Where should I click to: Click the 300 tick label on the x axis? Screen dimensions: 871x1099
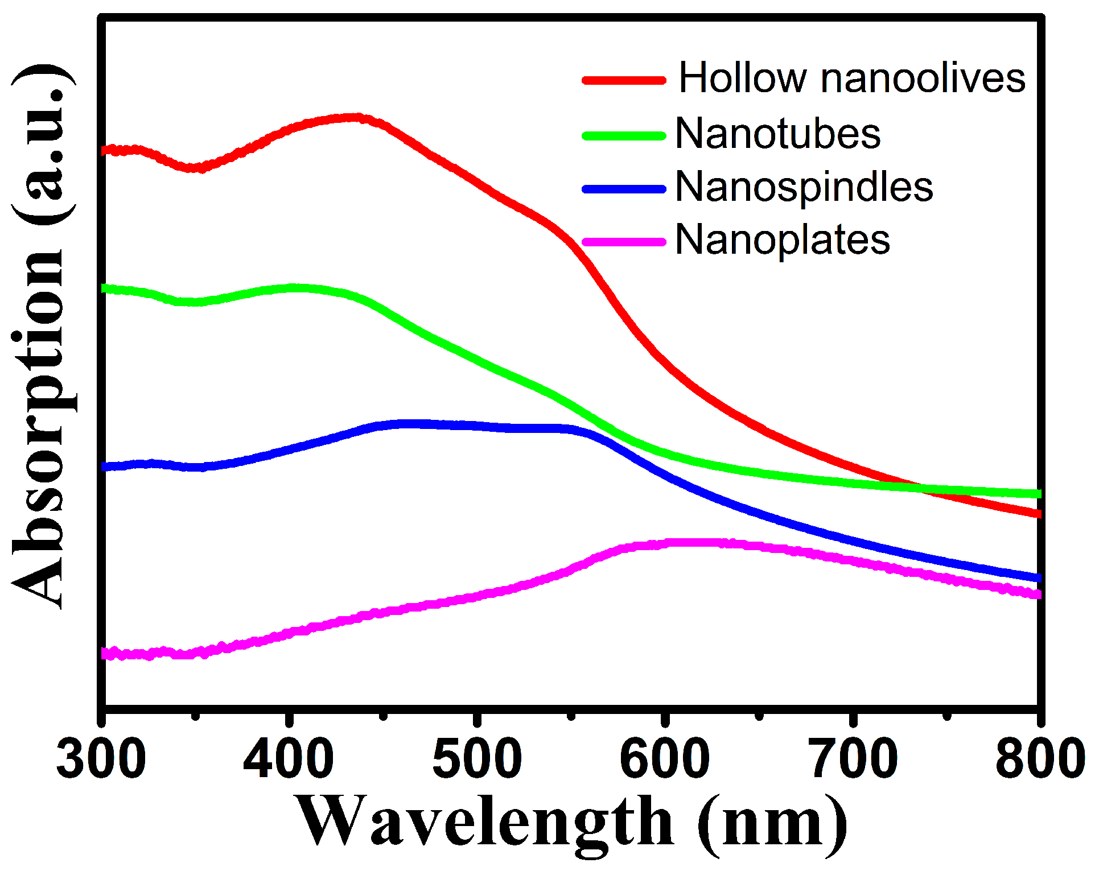(101, 759)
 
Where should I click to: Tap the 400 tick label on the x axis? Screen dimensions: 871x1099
(289, 759)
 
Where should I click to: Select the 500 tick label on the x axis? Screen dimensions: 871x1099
(477, 759)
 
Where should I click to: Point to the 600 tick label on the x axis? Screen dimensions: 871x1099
(665, 759)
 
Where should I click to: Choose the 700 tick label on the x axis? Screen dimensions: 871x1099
(854, 759)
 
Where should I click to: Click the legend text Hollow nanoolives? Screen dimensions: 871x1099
(851, 78)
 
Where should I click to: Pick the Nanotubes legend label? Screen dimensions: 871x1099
(777, 134)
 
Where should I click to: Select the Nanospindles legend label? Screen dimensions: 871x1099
(804, 187)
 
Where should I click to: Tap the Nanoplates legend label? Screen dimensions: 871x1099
(783, 240)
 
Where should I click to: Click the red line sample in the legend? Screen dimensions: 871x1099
(624, 80)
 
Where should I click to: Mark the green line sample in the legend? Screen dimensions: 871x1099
(624, 136)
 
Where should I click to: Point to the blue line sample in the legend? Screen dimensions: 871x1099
(624, 189)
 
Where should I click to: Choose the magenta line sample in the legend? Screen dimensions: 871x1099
(624, 242)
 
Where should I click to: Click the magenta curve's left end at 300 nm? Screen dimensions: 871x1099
(105, 653)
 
